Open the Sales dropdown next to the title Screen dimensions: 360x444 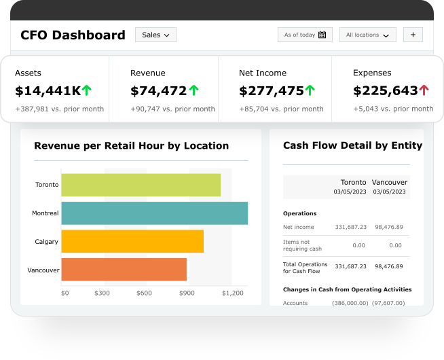click(x=155, y=35)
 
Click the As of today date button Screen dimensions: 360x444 click(x=305, y=35)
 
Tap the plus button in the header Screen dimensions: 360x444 click(x=413, y=35)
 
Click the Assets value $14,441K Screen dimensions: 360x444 click(x=48, y=90)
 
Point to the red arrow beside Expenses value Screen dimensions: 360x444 click(x=424, y=90)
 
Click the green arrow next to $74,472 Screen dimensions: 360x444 click(x=194, y=90)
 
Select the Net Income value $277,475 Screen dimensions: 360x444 click(x=272, y=90)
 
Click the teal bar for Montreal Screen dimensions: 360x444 click(x=154, y=213)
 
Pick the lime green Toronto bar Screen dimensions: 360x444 click(x=141, y=185)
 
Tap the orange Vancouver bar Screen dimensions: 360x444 click(x=124, y=270)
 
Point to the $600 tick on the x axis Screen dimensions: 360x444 click(x=144, y=293)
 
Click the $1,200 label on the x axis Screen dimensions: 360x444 click(x=232, y=293)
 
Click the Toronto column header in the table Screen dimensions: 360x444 click(x=353, y=182)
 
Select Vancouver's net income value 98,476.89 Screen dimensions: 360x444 click(x=389, y=227)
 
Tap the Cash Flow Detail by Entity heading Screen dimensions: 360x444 click(x=352, y=145)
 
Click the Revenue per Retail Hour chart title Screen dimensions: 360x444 click(x=131, y=145)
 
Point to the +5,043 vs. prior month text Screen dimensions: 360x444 click(x=393, y=109)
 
